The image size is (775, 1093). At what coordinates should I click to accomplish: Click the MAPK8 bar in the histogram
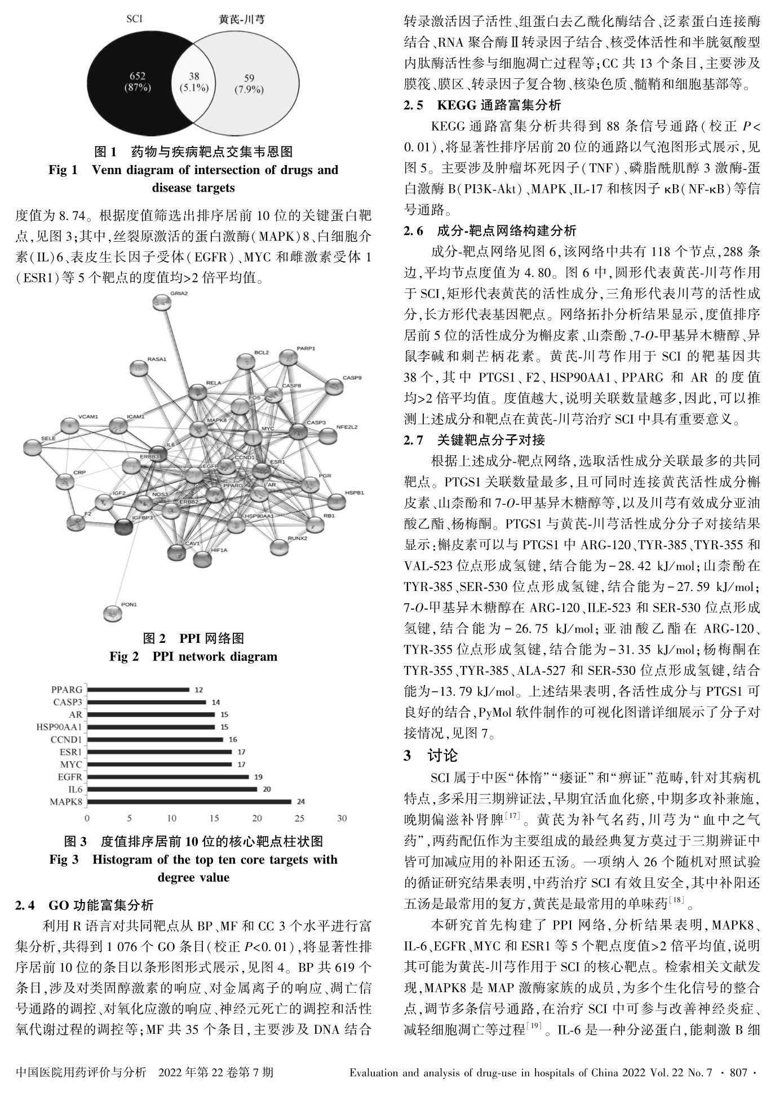[x=189, y=801]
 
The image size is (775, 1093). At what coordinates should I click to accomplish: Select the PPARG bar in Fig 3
[x=138, y=689]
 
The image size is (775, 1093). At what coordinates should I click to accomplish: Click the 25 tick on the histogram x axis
[x=299, y=818]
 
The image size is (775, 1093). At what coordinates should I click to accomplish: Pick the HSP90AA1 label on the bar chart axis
[x=59, y=727]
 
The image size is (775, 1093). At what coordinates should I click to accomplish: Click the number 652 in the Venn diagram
[x=138, y=76]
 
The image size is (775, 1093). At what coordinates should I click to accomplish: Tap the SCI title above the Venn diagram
[x=134, y=19]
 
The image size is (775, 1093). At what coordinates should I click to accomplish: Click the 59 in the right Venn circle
[x=249, y=78]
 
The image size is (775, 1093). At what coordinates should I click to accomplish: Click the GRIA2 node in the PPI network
[x=162, y=303]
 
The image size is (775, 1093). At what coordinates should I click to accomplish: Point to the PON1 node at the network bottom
[x=113, y=613]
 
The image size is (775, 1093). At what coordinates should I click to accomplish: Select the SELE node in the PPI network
[x=32, y=448]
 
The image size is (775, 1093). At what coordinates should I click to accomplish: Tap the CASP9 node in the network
[x=335, y=387]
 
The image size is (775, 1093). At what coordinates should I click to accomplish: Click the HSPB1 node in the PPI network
[x=336, y=501]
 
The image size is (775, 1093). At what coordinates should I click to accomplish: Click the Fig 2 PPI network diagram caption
[x=193, y=656]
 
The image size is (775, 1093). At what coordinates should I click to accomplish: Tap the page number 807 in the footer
[x=738, y=1072]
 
